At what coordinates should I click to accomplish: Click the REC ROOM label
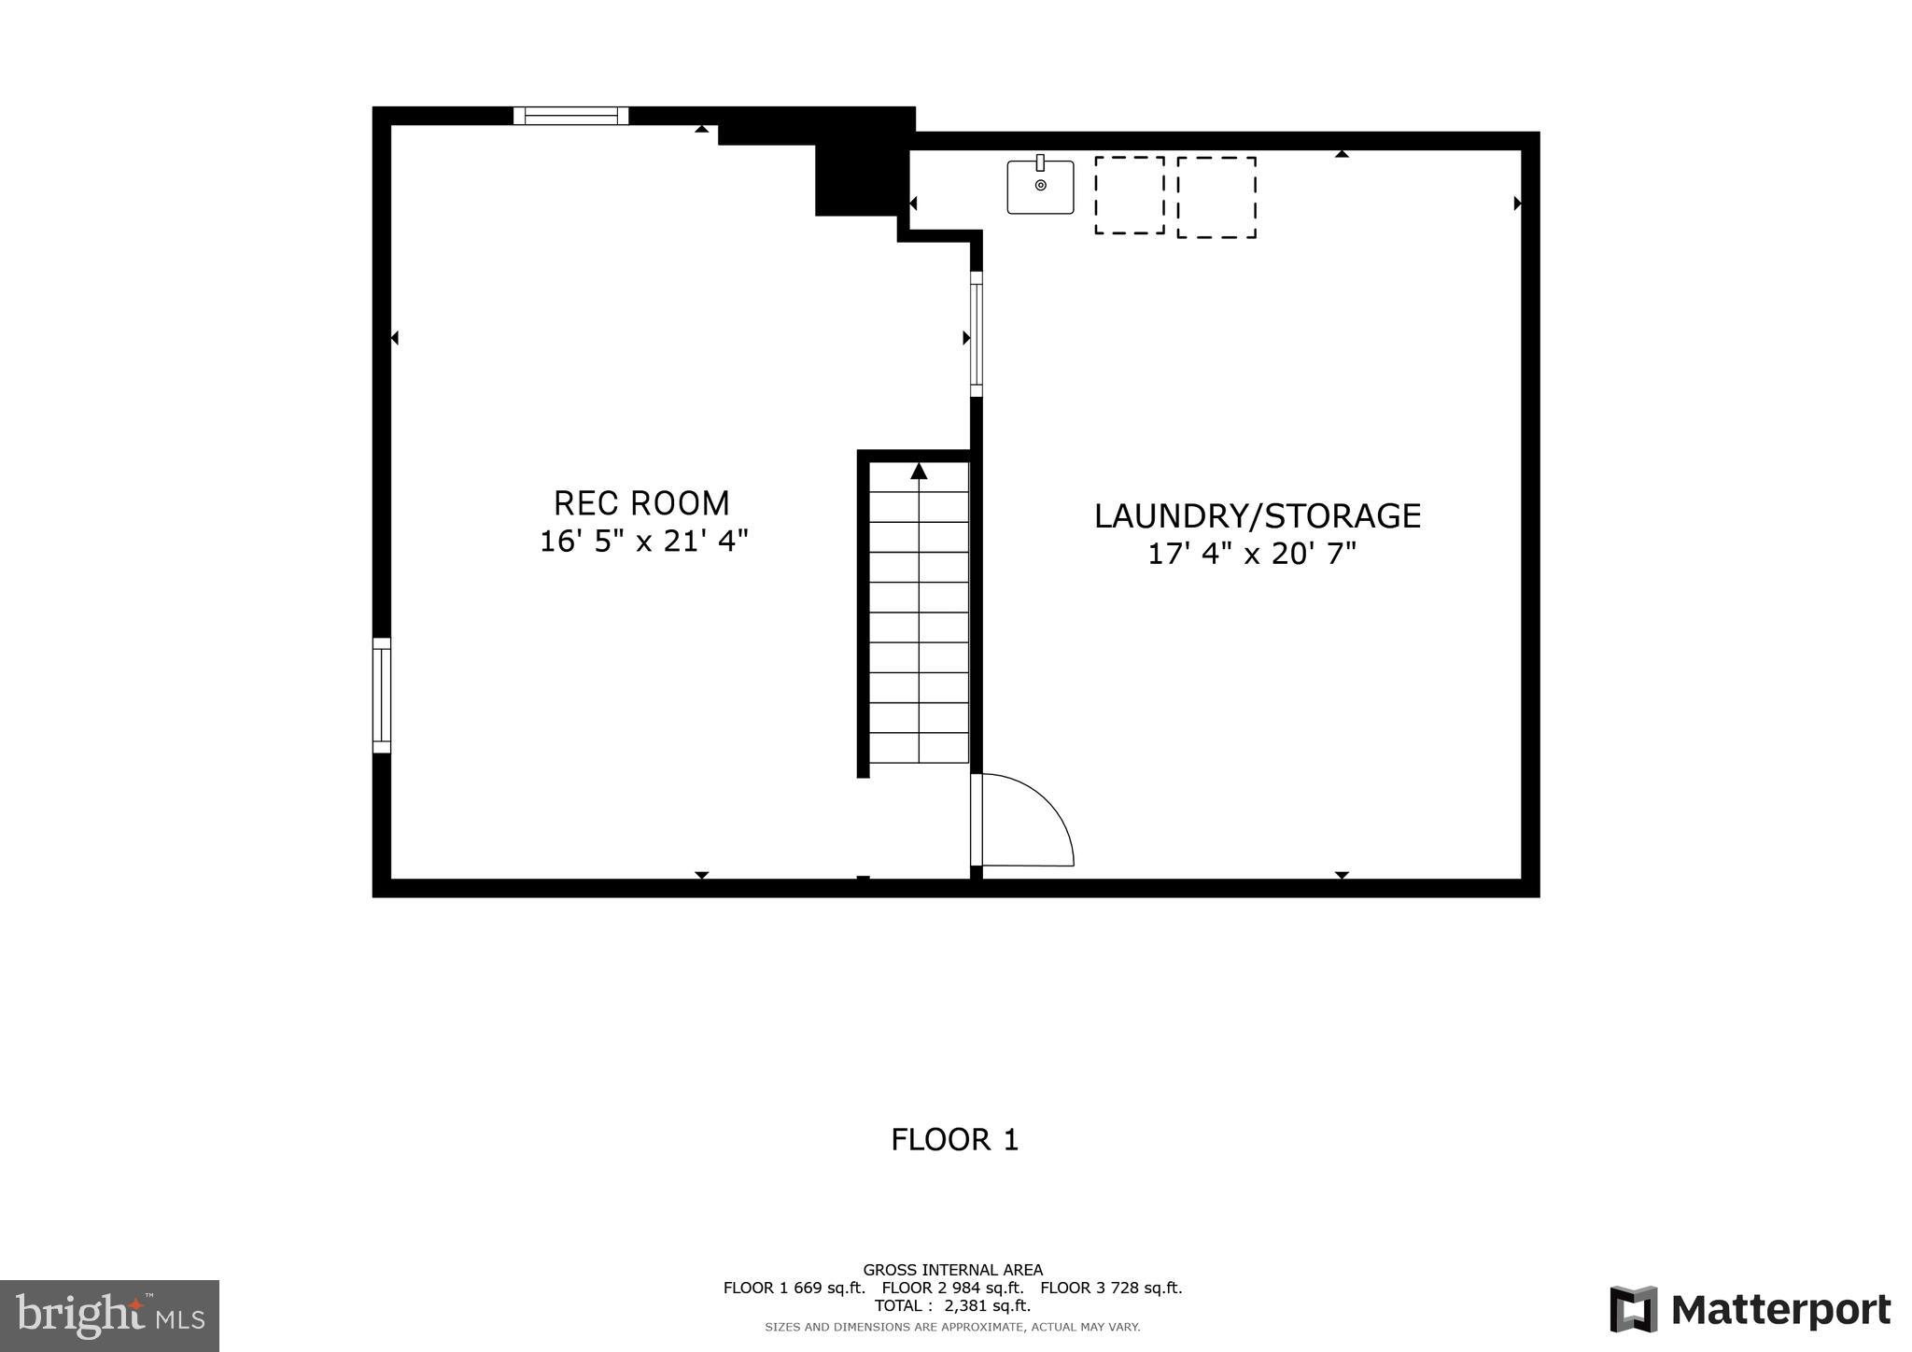pos(641,503)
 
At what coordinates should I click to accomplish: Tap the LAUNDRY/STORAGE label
pos(1257,515)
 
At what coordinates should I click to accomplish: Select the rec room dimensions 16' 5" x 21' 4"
pos(643,542)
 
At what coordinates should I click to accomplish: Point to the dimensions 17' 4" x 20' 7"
pos(1251,554)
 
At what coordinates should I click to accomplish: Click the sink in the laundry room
pos(1040,187)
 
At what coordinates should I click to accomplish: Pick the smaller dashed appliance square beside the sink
pos(1129,195)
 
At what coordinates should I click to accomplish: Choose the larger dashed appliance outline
pos(1216,197)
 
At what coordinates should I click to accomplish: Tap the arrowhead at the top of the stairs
pos(919,471)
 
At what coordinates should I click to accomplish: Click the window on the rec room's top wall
pos(570,116)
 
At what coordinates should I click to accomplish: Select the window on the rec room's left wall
pos(381,695)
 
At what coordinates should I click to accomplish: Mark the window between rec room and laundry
pos(977,333)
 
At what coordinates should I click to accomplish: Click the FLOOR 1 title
pos(954,1139)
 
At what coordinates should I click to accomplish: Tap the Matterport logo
pos(1750,1310)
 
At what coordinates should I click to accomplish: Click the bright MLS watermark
pos(109,1316)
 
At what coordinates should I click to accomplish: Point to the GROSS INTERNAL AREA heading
pos(952,1270)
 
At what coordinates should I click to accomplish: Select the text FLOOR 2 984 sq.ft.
pos(952,1288)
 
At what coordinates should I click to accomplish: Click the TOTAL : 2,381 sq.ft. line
pos(952,1305)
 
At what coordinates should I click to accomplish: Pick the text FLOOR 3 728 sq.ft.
pos(1111,1288)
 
